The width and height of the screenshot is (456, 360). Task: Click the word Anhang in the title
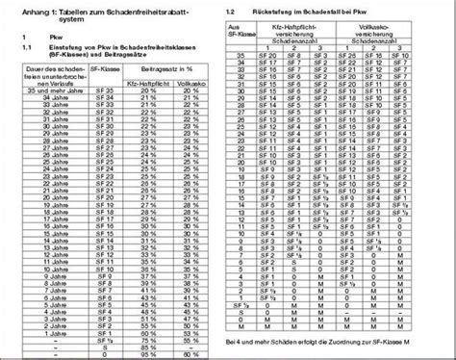(20, 9)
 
